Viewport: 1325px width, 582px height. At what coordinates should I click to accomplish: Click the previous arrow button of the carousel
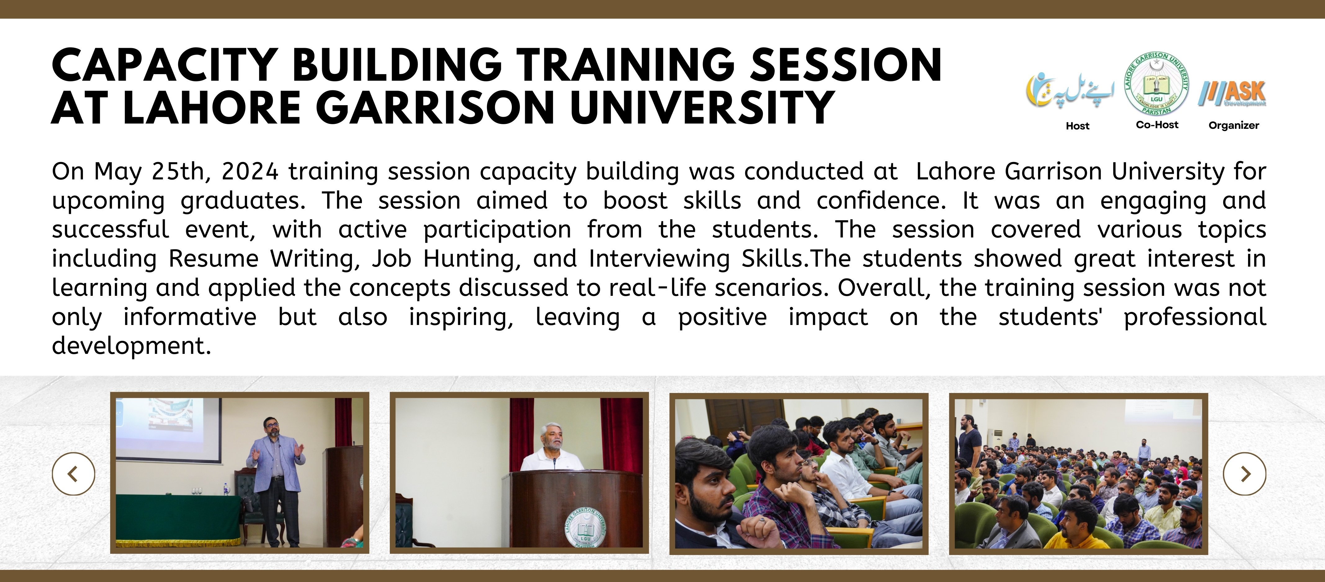click(x=74, y=473)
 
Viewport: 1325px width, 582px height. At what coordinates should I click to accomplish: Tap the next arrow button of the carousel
click(x=1245, y=473)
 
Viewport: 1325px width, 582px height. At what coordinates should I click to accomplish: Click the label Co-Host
click(x=1157, y=124)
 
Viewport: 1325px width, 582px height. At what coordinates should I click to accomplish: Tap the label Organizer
click(x=1233, y=126)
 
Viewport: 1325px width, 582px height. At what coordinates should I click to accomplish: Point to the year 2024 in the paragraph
click(x=250, y=171)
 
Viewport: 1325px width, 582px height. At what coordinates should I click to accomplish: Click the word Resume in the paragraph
click(x=214, y=258)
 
